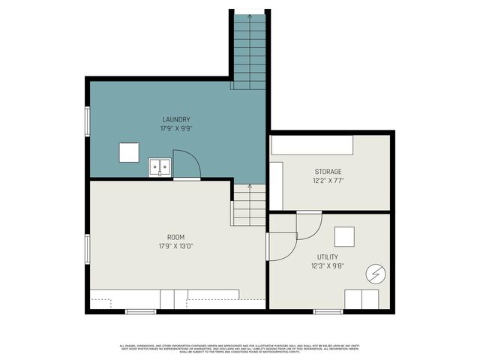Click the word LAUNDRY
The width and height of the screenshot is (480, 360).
pyautogui.click(x=176, y=119)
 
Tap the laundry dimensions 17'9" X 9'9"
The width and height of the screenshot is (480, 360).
pyautogui.click(x=176, y=128)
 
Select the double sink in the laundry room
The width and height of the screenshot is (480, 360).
pyautogui.click(x=160, y=166)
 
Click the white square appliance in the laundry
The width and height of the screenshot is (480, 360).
pyautogui.click(x=129, y=153)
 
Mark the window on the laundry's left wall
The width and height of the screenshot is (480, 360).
pyautogui.click(x=88, y=120)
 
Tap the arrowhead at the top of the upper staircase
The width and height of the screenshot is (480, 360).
pyautogui.click(x=249, y=15)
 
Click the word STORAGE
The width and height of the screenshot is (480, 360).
pyautogui.click(x=328, y=171)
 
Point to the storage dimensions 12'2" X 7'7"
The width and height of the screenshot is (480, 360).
pyautogui.click(x=328, y=180)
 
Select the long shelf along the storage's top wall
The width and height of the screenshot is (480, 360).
pyautogui.click(x=311, y=143)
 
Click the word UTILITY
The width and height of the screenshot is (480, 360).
pyautogui.click(x=327, y=256)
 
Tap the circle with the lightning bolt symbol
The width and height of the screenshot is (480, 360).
pyautogui.click(x=373, y=275)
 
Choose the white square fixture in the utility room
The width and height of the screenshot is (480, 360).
pyautogui.click(x=344, y=236)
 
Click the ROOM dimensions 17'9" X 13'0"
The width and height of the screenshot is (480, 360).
pyautogui.click(x=176, y=245)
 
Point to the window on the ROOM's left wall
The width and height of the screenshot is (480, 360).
pyautogui.click(x=88, y=248)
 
